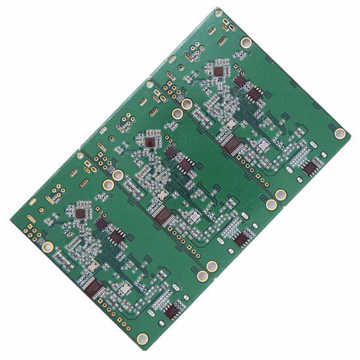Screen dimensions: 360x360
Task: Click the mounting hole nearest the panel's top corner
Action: coord(246,43)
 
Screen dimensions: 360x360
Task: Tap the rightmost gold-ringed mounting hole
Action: coord(340,134)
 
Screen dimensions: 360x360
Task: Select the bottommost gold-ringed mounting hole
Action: coord(143,338)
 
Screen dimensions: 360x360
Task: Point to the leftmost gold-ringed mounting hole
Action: coord(48,247)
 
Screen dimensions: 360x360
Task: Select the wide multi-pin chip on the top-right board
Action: coord(232,141)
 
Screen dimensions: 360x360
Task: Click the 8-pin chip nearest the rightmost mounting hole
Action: coord(310,168)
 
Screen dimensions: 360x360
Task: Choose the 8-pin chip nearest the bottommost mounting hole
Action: coord(172,310)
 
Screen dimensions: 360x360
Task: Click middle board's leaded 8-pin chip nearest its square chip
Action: coord(186,164)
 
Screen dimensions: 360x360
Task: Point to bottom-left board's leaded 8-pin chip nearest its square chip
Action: coord(118,236)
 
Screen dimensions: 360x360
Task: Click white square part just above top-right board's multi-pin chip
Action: coord(230,123)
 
